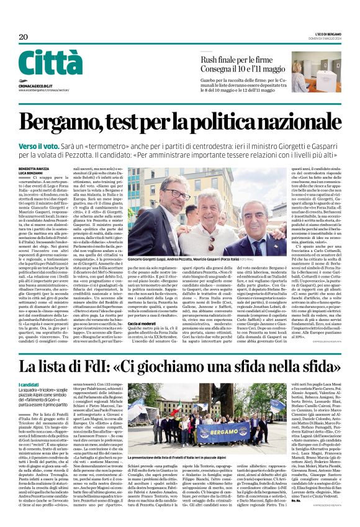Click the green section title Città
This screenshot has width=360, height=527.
coord(50,63)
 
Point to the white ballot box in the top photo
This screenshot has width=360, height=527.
coord(326,79)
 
